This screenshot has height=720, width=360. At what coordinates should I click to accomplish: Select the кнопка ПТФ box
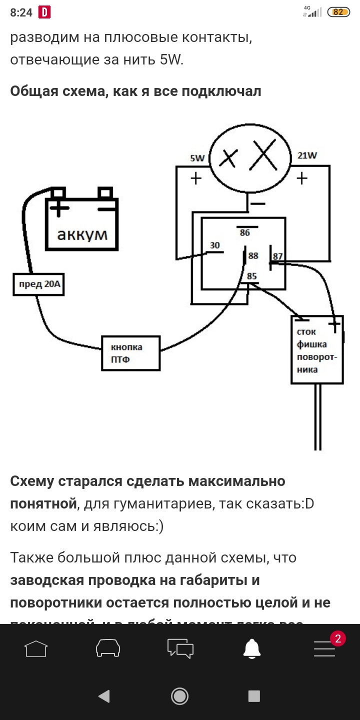(x=130, y=353)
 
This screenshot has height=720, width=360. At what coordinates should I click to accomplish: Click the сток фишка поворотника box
(x=317, y=350)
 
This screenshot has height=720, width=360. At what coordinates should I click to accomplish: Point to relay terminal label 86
(x=244, y=232)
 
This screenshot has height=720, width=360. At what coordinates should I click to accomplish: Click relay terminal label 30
(x=214, y=245)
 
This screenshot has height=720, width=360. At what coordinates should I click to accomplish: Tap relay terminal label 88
(x=253, y=255)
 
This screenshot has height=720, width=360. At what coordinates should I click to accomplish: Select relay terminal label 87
(x=277, y=256)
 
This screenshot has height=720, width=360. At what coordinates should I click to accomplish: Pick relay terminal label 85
(x=251, y=275)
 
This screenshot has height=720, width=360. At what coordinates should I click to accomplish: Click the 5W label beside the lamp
(x=197, y=158)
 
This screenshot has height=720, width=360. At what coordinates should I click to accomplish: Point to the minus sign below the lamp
(x=257, y=203)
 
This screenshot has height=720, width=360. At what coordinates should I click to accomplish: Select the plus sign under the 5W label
(x=196, y=178)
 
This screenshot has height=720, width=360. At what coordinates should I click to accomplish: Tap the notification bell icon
(x=252, y=648)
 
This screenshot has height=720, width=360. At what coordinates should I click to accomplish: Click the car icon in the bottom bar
(x=108, y=648)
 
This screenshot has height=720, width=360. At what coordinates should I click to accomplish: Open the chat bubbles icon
(x=180, y=648)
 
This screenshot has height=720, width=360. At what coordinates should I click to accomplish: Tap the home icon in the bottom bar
(x=36, y=648)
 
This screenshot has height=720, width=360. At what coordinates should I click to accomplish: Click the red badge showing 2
(x=337, y=638)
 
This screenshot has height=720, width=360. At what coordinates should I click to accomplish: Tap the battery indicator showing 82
(x=338, y=12)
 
